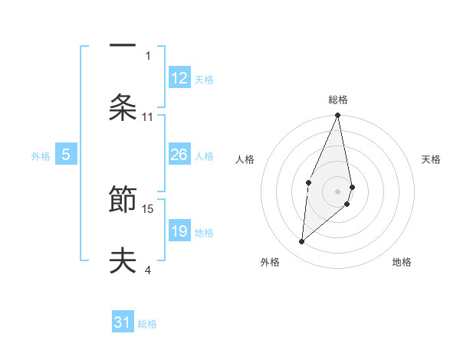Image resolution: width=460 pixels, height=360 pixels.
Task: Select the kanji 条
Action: pyautogui.click(x=123, y=108)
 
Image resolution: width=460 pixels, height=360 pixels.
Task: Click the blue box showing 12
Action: pyautogui.click(x=179, y=78)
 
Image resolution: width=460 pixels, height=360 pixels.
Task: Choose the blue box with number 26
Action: pyautogui.click(x=179, y=155)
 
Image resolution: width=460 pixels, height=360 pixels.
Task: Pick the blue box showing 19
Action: pyautogui.click(x=179, y=231)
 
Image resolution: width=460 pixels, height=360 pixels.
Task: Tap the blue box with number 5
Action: pyautogui.click(x=66, y=155)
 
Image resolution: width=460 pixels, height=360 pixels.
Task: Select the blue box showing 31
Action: pyautogui.click(x=123, y=323)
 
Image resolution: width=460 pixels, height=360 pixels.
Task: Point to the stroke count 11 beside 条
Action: pyautogui.click(x=148, y=117)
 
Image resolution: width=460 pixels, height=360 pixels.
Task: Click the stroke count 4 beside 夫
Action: pyautogui.click(x=148, y=270)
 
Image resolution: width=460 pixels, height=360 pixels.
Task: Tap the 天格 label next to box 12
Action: pyautogui.click(x=204, y=79)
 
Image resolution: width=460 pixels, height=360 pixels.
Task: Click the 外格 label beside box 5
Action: pyautogui.click(x=41, y=156)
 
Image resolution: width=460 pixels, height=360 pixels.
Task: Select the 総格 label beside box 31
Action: pyautogui.click(x=147, y=324)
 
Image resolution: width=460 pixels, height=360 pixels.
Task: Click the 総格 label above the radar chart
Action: pyautogui.click(x=338, y=100)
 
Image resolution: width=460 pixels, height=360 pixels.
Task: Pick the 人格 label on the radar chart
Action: pyautogui.click(x=245, y=159)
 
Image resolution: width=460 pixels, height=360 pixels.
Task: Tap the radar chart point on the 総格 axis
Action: pyautogui.click(x=338, y=116)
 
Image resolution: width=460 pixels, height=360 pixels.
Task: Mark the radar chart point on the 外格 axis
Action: pyautogui.click(x=302, y=242)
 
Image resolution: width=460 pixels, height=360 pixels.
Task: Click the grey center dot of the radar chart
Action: pyautogui.click(x=338, y=191)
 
